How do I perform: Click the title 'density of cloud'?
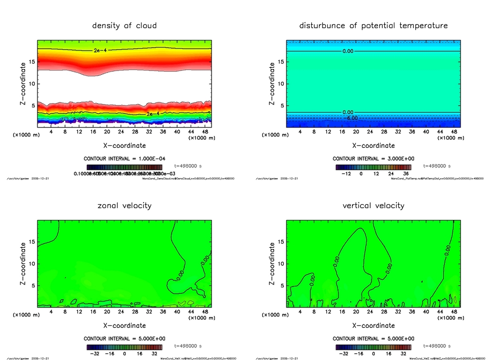coord(124,25)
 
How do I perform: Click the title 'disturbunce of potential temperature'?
coord(373,25)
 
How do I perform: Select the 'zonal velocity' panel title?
coord(124,205)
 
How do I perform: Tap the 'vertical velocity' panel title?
coord(373,205)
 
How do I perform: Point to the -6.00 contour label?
coord(351,118)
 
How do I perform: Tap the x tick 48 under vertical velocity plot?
coord(453,311)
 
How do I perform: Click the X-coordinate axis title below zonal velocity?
coord(124,325)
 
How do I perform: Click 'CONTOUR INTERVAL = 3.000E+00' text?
coord(373,159)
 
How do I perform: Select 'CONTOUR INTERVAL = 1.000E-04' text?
coord(124,159)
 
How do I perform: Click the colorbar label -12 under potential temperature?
coord(347,173)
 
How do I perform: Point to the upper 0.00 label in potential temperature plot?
coord(348,51)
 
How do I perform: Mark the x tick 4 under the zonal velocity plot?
coord(51,311)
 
